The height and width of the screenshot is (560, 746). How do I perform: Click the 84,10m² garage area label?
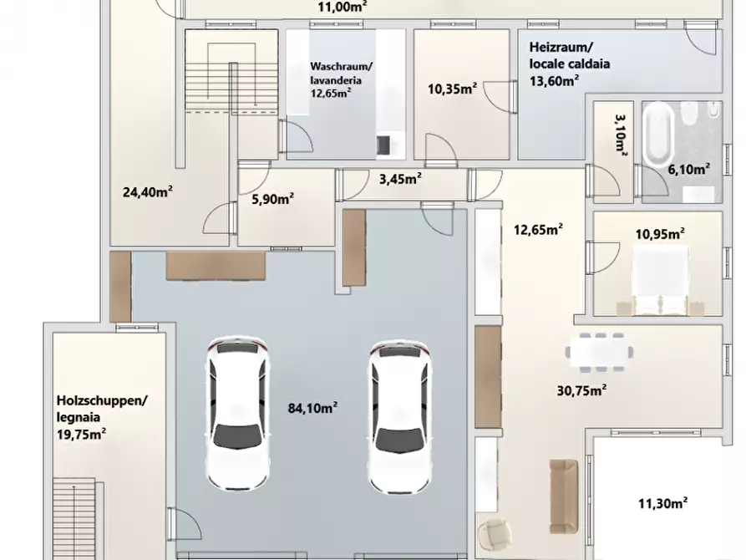click(x=312, y=408)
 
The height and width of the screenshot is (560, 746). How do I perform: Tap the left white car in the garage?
click(x=238, y=414)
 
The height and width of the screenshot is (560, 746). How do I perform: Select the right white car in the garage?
click(x=399, y=416)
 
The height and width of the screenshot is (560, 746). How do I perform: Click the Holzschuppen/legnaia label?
click(x=102, y=409)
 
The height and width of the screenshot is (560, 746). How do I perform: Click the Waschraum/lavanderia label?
click(x=341, y=73)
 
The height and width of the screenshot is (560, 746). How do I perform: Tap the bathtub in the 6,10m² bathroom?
click(x=659, y=132)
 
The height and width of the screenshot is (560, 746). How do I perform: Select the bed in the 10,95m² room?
click(x=660, y=281)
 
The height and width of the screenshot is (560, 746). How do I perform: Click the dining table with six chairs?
click(x=600, y=352)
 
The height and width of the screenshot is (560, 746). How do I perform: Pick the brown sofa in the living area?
click(x=564, y=496)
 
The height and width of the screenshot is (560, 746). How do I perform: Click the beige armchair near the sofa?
click(x=494, y=534)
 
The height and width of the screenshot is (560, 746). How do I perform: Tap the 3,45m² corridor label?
click(x=401, y=179)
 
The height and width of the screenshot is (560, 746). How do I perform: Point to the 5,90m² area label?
click(x=272, y=198)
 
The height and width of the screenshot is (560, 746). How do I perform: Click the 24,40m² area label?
click(x=148, y=192)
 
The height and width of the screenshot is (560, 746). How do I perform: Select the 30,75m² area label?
click(x=581, y=390)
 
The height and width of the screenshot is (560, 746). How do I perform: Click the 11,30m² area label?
click(x=662, y=503)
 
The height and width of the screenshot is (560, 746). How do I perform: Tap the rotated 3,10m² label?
click(x=621, y=133)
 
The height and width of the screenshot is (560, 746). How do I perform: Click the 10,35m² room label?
click(x=453, y=89)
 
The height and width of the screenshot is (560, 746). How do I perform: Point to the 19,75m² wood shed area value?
click(x=81, y=434)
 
